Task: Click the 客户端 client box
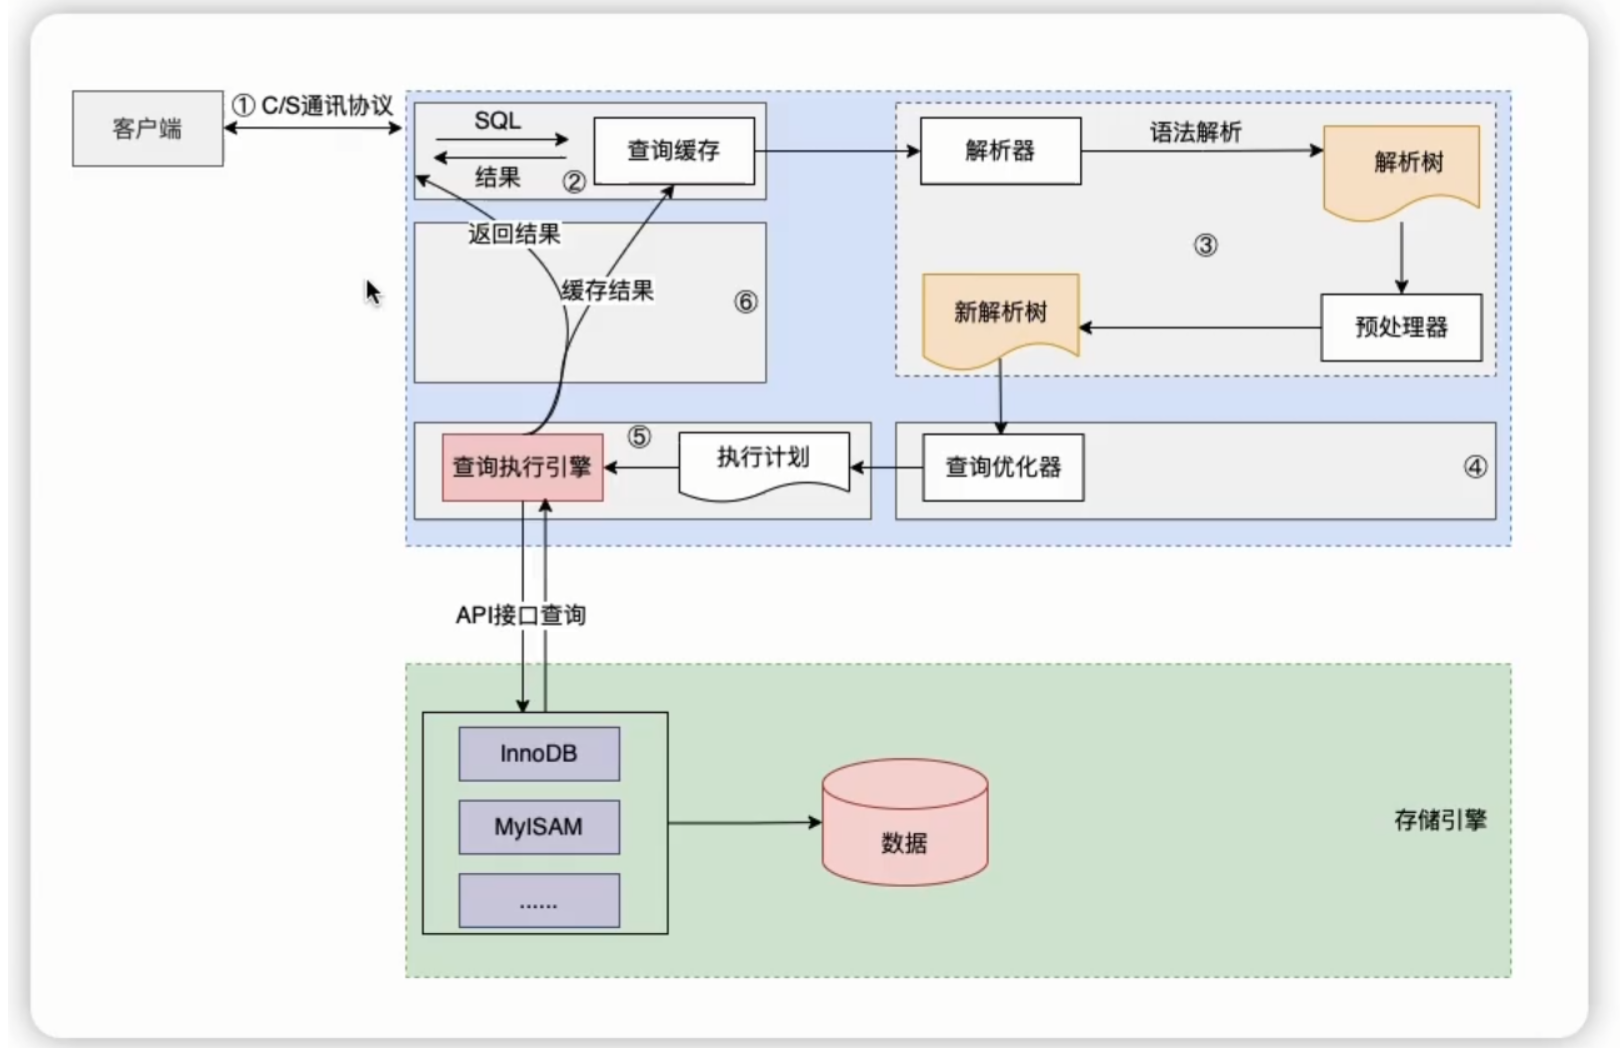(147, 128)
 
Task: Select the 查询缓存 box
(674, 151)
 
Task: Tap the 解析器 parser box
(1000, 151)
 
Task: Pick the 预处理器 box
(1401, 327)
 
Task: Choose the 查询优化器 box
(1003, 467)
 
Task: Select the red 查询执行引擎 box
(522, 467)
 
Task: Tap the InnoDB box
(539, 754)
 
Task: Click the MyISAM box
(539, 827)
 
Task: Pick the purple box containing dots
(539, 900)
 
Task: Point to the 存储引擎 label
(1440, 820)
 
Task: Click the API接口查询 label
(521, 615)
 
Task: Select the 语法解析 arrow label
(1196, 132)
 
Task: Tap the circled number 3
(1206, 245)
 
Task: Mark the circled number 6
(746, 302)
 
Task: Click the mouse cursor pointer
(372, 291)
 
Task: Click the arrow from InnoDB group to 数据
(744, 823)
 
